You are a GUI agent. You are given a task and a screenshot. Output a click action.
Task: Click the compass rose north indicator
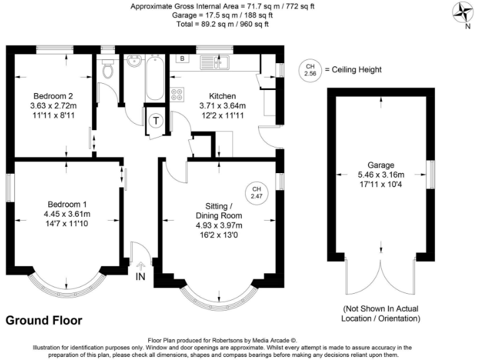coord(462,13)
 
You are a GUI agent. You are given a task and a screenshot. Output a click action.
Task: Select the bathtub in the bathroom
coord(154,81)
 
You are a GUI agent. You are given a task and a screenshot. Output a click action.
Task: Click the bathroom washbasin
coord(132,62)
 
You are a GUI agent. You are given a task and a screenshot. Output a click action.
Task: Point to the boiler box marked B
coord(182,59)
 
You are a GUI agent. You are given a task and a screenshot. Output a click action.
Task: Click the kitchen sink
coord(214,62)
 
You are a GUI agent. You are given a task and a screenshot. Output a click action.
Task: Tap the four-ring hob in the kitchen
coord(177,94)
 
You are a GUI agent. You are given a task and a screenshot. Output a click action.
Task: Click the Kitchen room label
coord(222,96)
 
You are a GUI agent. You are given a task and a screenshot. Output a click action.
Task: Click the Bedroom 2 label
coord(54,96)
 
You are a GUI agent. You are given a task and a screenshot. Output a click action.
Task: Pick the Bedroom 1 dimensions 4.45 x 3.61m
coord(67,215)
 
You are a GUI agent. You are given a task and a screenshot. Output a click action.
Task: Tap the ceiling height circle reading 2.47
coord(256,192)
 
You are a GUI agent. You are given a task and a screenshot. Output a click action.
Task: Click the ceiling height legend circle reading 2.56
coord(309,70)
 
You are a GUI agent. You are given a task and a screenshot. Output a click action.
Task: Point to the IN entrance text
coord(141,276)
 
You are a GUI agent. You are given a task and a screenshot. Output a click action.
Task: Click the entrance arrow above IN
coord(141,265)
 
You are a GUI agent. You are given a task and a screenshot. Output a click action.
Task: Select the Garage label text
coord(381,166)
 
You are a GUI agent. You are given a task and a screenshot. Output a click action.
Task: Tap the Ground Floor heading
coord(44,321)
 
